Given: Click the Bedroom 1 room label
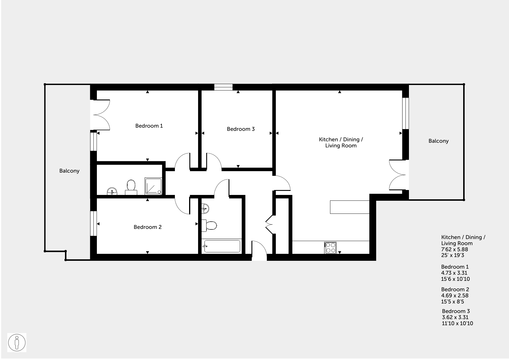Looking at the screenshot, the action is coord(149,126).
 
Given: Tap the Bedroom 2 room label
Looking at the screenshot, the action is coord(148,227).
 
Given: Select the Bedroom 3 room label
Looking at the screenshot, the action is coord(241,129).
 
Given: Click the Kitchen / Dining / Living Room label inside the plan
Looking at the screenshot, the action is coord(341,142).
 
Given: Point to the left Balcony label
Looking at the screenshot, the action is coord(69,171).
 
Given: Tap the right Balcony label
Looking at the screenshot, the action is coord(439,141).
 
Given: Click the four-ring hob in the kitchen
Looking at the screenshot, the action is coord(331,248).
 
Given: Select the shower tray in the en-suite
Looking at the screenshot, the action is coord(153,186).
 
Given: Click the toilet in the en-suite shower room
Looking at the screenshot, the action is coord(131,187).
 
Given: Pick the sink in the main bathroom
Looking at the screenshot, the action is coord(205,208).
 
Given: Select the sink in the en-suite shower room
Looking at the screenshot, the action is coord(112,191).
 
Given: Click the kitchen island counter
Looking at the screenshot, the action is coord(350,207).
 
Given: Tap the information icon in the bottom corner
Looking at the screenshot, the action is coord(17,343).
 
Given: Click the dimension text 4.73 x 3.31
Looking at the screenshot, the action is coord(454,273).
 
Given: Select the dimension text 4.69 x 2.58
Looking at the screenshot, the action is coord(455,295).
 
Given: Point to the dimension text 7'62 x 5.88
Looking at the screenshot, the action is coord(454,249).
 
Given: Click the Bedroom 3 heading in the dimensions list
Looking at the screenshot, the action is coord(456,311).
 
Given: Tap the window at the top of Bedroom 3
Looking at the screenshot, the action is coord(223,87).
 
